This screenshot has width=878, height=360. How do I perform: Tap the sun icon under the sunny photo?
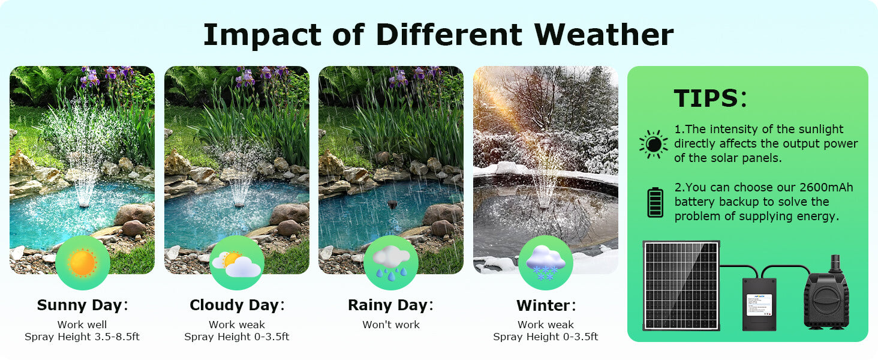tap(82, 263)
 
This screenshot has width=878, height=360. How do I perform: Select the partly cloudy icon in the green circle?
tap(236, 263)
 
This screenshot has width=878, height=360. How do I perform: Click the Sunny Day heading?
tap(80, 305)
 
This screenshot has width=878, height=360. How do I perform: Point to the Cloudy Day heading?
tap(234, 305)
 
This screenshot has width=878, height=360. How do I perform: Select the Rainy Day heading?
tap(388, 305)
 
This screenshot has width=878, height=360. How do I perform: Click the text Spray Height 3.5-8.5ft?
tap(82, 337)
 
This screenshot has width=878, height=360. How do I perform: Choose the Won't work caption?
tap(391, 325)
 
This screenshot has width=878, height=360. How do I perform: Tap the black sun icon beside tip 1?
tap(653, 144)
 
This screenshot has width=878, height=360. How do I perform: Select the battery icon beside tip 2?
tap(655, 202)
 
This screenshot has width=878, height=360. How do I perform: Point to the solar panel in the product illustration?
tap(681, 285)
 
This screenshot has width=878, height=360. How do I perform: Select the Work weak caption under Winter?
tap(546, 325)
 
